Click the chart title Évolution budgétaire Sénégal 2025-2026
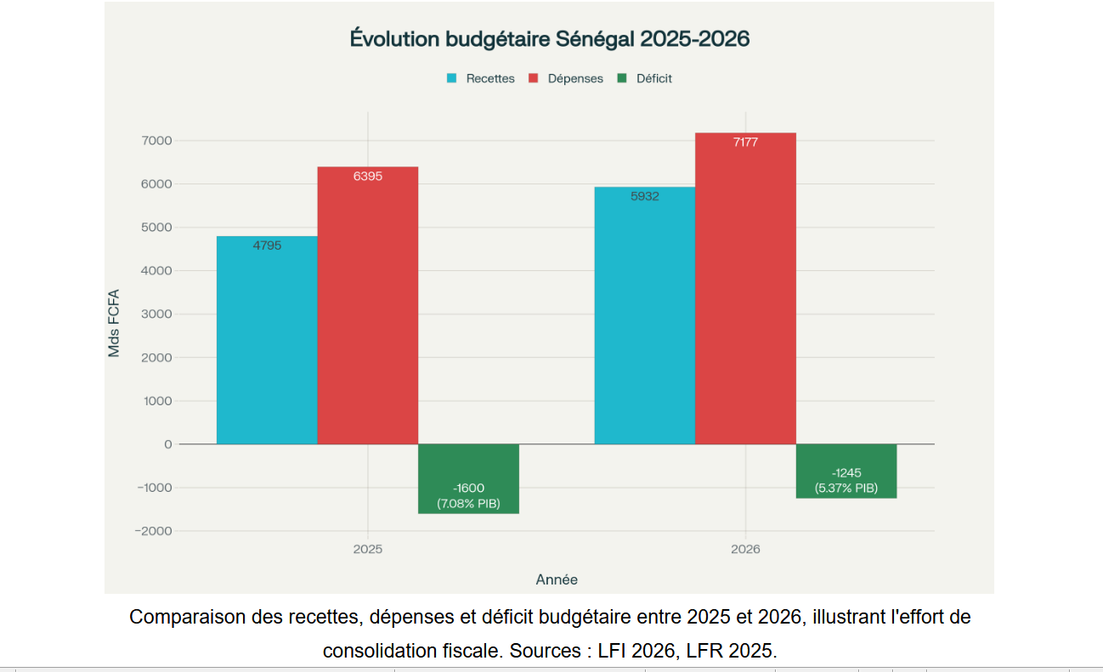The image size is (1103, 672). point(549,39)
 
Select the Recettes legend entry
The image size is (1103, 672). point(481,78)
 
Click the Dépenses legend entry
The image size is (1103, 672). point(566,78)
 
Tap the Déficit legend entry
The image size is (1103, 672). point(645,78)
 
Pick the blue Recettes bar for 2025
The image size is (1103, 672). point(267,340)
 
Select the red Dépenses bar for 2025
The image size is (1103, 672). point(368,306)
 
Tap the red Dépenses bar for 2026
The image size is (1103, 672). point(745,289)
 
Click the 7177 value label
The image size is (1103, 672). point(745,143)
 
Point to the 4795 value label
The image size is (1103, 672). point(267,246)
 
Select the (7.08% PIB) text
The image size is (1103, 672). point(468,504)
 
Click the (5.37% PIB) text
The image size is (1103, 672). point(846,488)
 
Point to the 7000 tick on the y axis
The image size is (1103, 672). point(157,140)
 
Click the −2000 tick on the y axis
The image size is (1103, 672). point(153,531)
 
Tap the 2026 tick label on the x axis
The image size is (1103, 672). point(745,549)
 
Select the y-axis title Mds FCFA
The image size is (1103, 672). point(114,323)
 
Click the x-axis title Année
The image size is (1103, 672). point(557,579)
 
